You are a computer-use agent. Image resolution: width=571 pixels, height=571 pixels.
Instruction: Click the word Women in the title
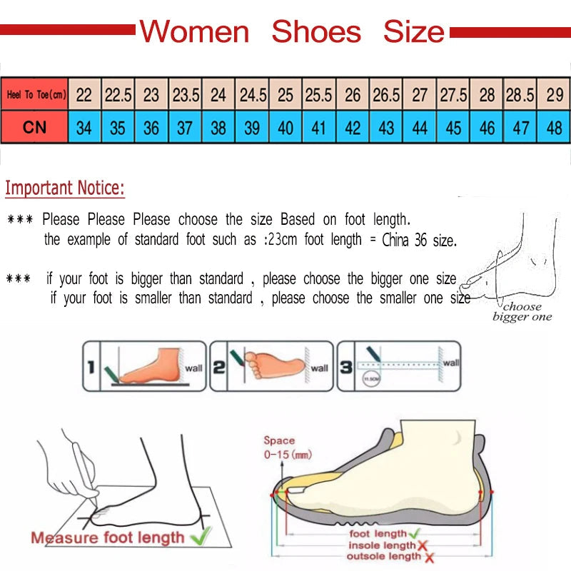[x=194, y=32]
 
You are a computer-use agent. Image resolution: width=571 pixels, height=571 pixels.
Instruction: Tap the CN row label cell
[x=34, y=128]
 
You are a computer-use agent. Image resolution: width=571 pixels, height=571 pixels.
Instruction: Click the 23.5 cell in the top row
[x=185, y=94]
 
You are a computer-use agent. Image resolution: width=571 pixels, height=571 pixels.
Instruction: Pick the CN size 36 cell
[x=151, y=128]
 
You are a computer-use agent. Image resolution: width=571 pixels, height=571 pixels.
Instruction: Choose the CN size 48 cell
[x=554, y=128]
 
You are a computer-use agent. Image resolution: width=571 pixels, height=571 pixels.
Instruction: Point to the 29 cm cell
[x=554, y=94]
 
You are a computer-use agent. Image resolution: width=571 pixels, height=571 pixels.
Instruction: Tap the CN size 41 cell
[x=319, y=128]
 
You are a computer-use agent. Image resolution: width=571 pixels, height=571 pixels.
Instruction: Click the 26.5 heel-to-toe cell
[x=386, y=94]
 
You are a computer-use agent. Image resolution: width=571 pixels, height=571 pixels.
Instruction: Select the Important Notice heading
[x=65, y=188]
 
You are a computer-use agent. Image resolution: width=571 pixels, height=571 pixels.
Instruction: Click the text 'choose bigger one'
[x=522, y=312]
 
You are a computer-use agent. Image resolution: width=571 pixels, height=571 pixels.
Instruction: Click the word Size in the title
[x=414, y=32]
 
